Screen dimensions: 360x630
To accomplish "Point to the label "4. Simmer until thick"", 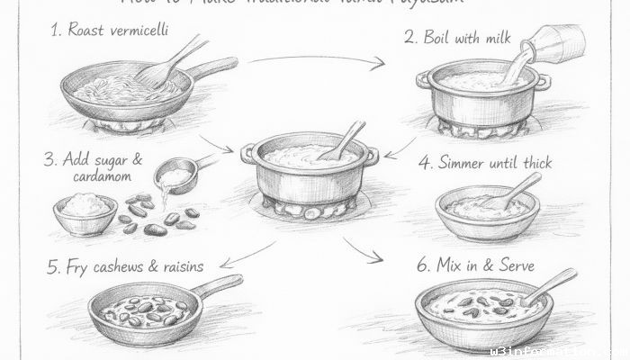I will [x=485, y=164].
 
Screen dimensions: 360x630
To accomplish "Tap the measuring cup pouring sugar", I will [x=176, y=175].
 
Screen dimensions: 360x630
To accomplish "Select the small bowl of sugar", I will [x=85, y=214].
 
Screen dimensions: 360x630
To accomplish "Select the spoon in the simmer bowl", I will [x=513, y=190].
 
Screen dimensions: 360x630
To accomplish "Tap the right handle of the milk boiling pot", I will [x=543, y=83].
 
